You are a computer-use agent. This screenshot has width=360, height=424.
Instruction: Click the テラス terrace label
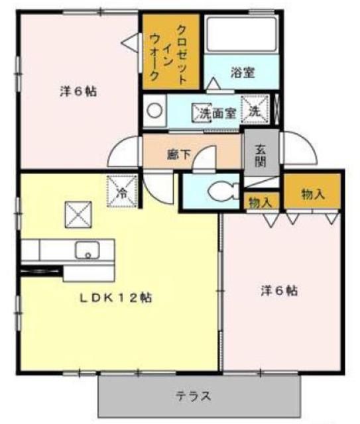click(x=194, y=397)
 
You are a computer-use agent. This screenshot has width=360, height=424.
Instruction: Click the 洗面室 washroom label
click(x=218, y=113)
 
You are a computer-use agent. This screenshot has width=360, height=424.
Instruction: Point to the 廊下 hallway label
click(x=178, y=155)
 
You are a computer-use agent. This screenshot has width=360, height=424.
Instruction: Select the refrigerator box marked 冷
click(x=122, y=191)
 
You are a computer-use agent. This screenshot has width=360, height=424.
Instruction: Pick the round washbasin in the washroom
click(x=154, y=112)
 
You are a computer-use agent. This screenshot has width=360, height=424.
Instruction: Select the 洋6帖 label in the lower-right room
click(x=278, y=290)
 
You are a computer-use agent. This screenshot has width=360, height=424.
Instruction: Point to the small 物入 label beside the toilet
click(x=259, y=203)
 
